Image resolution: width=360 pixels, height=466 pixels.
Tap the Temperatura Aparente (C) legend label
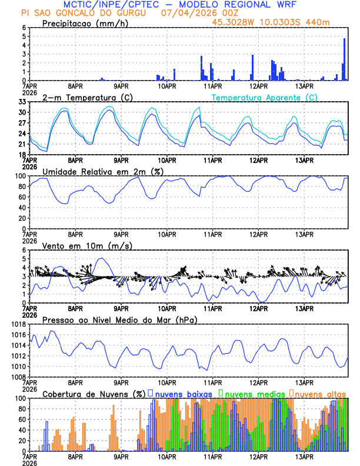pyautogui.click(x=265, y=97)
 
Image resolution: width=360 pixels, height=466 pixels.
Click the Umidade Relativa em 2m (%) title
pyautogui.click(x=102, y=171)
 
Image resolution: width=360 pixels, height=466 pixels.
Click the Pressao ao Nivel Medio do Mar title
pyautogui.click(x=119, y=319)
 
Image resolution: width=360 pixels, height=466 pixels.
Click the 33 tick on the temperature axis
pyautogui.click(x=22, y=102)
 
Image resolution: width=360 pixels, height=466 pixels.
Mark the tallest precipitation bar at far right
pyautogui.click(x=345, y=59)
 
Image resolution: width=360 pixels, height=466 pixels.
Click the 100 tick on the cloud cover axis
pyautogui.click(x=20, y=398)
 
